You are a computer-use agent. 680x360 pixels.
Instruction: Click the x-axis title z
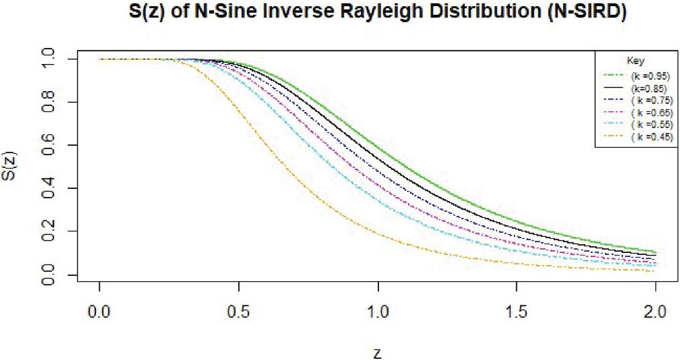click(377, 352)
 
